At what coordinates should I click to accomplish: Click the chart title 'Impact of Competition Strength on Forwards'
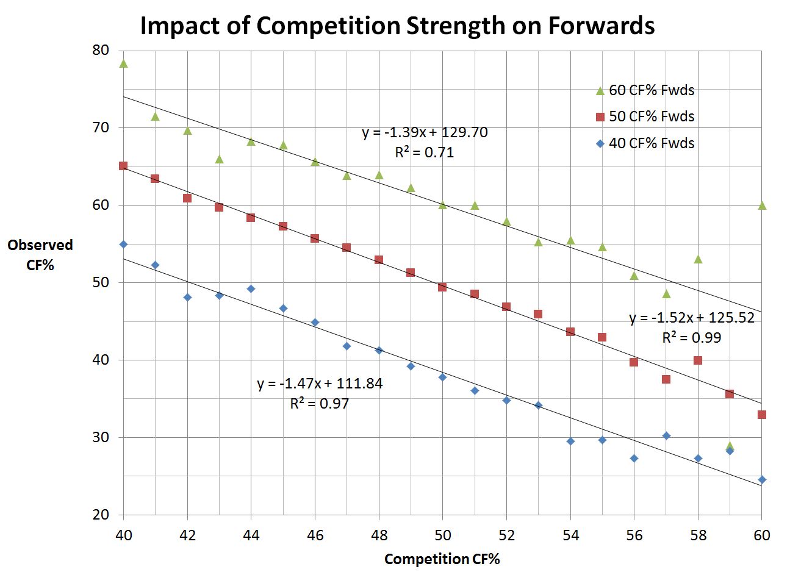397,26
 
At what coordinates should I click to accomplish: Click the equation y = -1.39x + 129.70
425,132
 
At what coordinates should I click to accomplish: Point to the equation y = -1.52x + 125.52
691,318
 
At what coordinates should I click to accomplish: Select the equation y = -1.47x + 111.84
320,384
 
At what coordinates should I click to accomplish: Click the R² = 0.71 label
425,152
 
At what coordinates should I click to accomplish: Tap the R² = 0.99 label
691,337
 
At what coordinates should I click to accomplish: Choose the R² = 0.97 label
320,403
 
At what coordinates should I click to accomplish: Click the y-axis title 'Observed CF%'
40,255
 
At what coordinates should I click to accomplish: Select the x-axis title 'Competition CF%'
442,559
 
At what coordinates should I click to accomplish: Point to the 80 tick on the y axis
101,50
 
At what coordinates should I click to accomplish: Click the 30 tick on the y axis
101,437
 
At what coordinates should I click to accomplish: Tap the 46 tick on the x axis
315,535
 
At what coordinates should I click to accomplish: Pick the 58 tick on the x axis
698,535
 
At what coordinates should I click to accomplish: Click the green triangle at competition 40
123,63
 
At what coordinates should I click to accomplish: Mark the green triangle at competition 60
761,206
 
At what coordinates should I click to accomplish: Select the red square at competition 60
761,415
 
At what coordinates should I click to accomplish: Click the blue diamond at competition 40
123,244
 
